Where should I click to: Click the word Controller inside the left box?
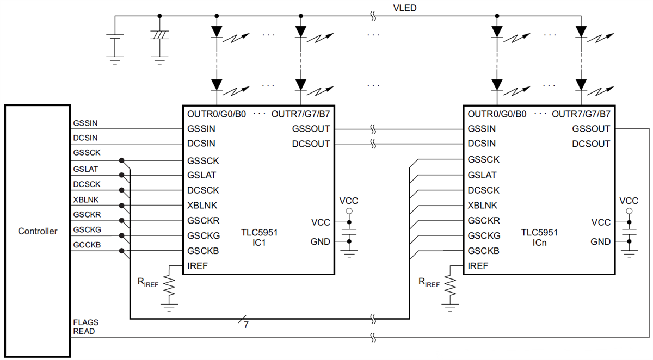point(38,231)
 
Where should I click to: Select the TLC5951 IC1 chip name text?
point(260,237)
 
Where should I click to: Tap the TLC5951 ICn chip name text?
point(540,237)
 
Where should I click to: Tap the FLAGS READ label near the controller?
point(85,326)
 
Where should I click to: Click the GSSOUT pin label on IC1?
point(311,129)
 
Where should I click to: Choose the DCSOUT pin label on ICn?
point(591,144)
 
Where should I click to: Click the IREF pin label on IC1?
point(198,266)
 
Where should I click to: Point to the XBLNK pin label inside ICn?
point(482,206)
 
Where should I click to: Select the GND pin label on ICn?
point(601,241)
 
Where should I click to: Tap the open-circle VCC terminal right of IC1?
point(349,210)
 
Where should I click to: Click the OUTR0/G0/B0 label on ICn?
point(497,115)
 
